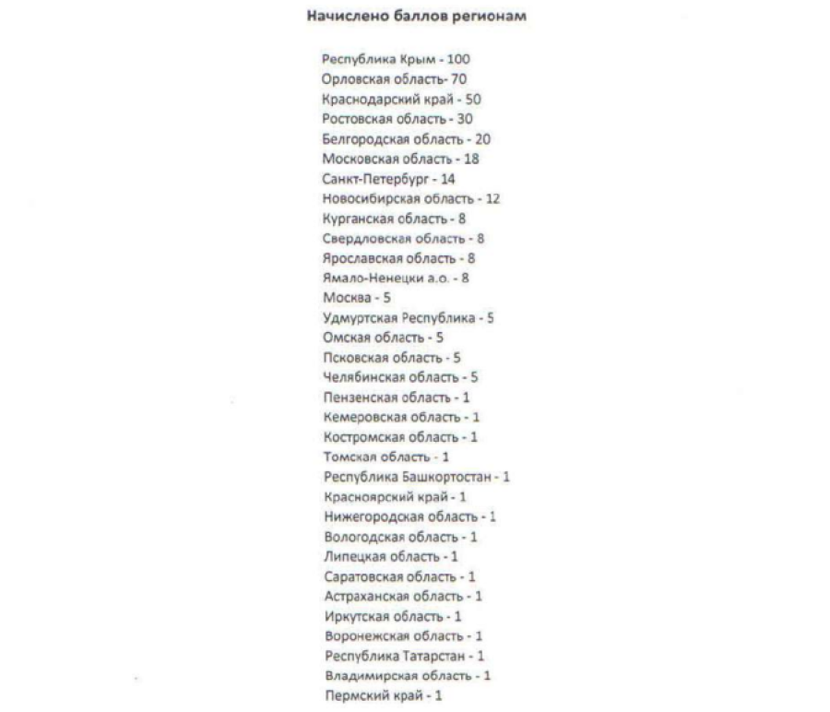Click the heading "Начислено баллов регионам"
(415, 17)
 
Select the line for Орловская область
(394, 79)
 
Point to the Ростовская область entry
(397, 119)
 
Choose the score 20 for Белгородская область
(482, 139)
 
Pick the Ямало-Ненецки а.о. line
(396, 278)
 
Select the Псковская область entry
(391, 357)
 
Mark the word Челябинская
(359, 377)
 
